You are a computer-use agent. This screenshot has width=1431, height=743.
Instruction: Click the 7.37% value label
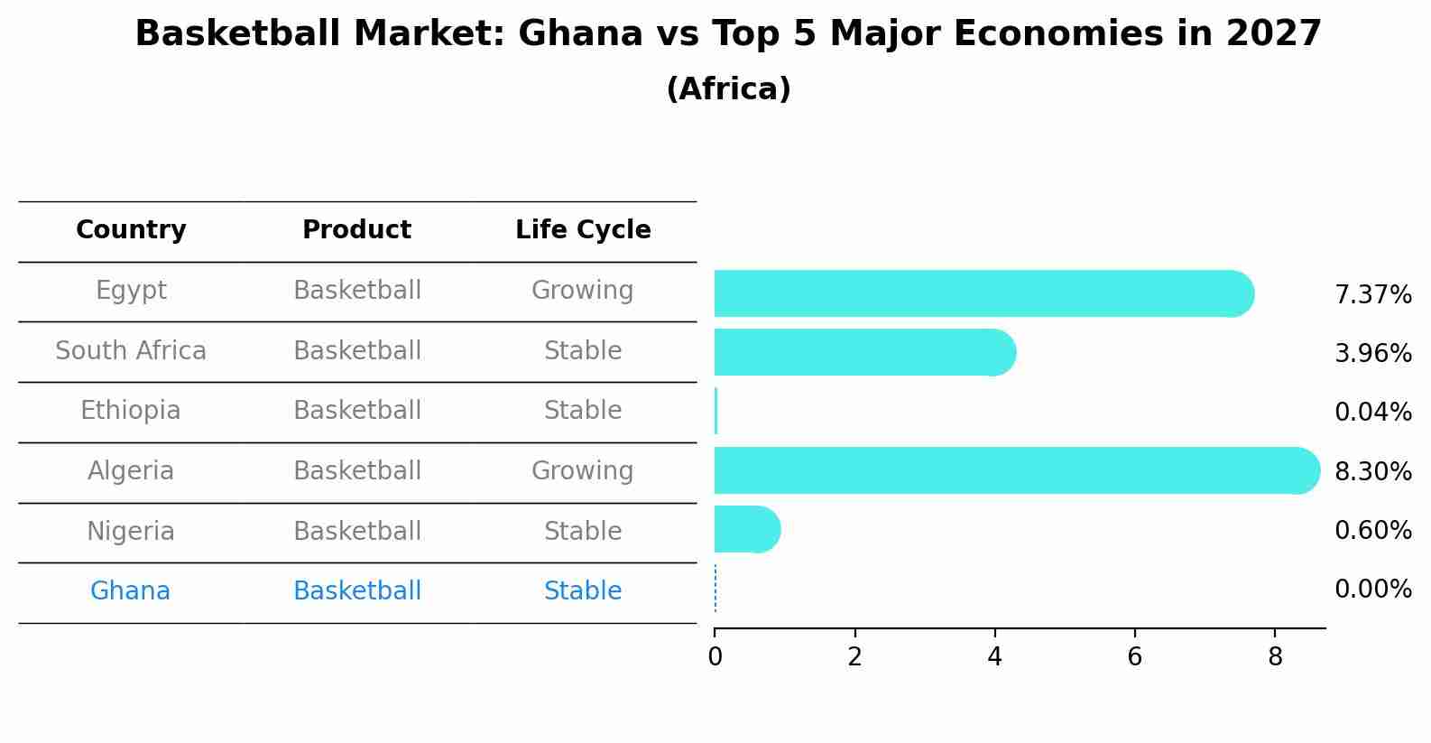1372,295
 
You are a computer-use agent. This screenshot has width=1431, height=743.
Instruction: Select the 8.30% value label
1372,471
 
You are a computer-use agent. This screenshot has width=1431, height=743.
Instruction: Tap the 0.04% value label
1372,413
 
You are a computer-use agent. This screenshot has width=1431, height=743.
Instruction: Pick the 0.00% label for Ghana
1372,590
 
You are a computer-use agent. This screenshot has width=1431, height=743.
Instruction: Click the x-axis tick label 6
1134,657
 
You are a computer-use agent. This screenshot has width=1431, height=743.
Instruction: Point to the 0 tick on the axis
715,657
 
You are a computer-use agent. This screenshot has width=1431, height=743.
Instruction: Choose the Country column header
131,230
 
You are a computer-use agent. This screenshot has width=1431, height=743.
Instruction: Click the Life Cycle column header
583,230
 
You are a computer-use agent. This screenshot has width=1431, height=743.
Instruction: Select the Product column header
356,230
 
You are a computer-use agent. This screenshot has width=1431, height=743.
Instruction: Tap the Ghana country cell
130,591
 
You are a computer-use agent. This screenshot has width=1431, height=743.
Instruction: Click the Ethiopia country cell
130,411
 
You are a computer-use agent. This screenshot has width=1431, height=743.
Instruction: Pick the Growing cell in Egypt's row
582,291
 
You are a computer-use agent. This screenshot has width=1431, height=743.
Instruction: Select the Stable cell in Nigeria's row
582,531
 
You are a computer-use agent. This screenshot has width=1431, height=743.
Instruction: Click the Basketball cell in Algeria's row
356,471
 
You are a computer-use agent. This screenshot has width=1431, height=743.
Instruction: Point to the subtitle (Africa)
728,89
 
